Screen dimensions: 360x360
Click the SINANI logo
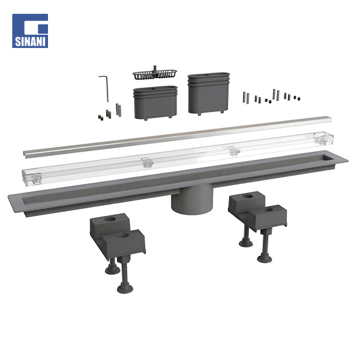[30, 31]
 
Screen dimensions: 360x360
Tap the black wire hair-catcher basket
[155, 73]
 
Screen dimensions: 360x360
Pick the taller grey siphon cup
[209, 94]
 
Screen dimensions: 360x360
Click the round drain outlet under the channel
[192, 199]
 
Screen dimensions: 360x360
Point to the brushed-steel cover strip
[177, 137]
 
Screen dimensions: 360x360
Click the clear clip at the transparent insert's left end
[33, 178]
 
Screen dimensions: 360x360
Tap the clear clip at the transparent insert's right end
[323, 139]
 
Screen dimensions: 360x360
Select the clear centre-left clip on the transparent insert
[147, 163]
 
